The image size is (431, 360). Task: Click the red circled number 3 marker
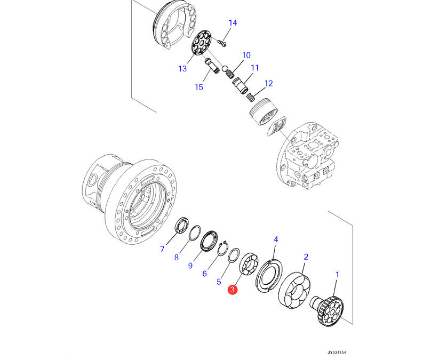pyautogui.click(x=232, y=290)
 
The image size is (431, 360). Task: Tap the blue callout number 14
pyautogui.click(x=233, y=23)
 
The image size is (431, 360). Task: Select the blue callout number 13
pyautogui.click(x=182, y=68)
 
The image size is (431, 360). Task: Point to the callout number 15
pyautogui.click(x=199, y=87)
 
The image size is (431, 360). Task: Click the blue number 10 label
pyautogui.click(x=246, y=55)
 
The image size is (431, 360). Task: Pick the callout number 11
pyautogui.click(x=255, y=68)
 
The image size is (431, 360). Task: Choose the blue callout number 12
pyautogui.click(x=268, y=83)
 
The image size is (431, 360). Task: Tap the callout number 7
pyautogui.click(x=162, y=249)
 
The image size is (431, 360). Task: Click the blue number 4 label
pyautogui.click(x=276, y=239)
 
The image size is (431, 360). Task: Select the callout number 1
pyautogui.click(x=337, y=275)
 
